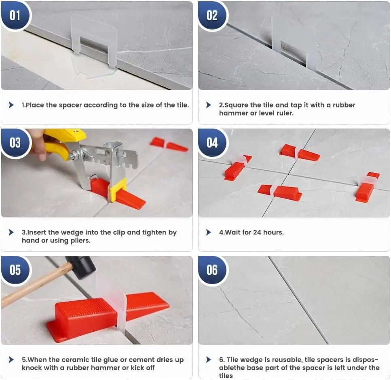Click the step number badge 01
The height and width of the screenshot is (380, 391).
(15, 15)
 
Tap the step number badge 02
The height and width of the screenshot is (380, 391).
(212, 15)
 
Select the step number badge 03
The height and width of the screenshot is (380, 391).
(15, 143)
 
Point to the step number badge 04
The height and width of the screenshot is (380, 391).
(212, 143)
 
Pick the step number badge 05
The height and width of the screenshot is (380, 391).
(15, 270)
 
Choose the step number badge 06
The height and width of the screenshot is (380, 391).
(212, 270)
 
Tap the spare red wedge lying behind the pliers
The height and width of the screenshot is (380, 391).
(169, 144)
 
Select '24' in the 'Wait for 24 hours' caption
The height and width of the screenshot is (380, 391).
(258, 232)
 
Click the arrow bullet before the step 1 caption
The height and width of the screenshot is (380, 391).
(11, 105)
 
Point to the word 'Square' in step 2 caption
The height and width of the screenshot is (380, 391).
(236, 105)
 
